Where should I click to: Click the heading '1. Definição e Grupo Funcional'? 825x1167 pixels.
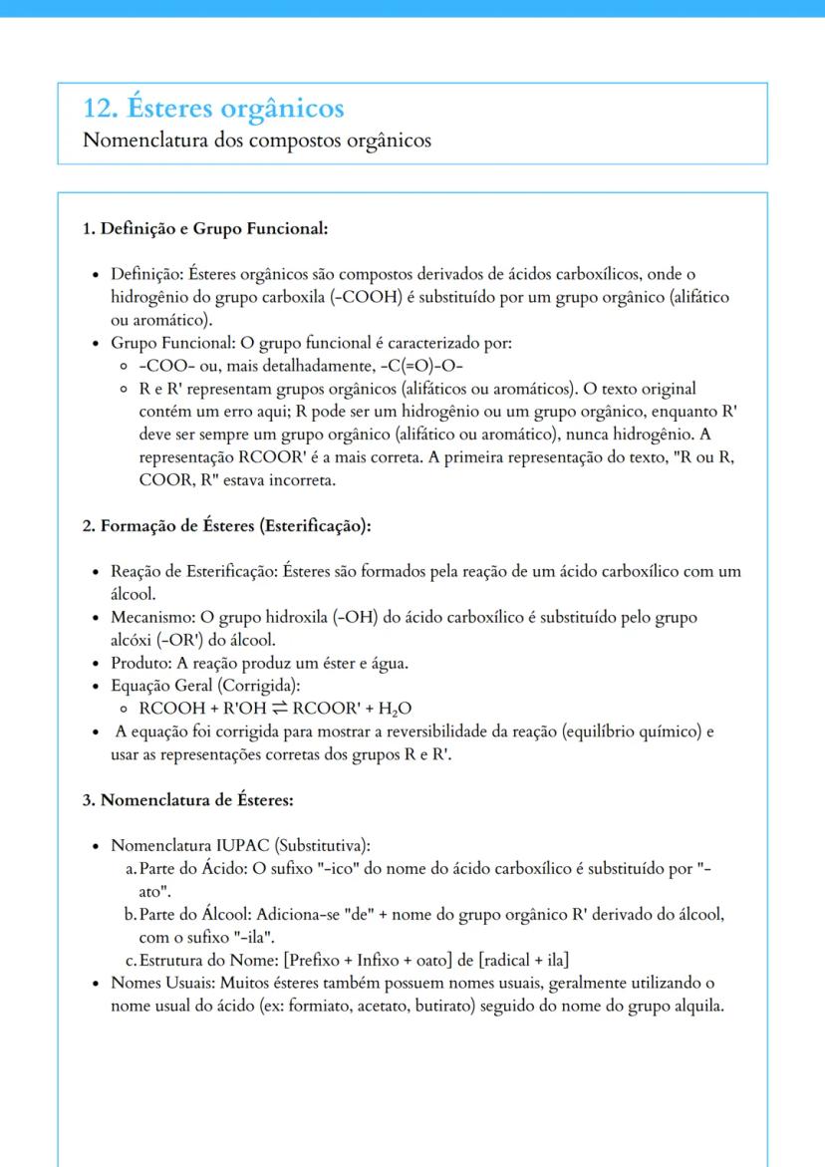(x=205, y=229)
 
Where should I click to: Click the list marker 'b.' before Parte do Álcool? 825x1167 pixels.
(x=131, y=916)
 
